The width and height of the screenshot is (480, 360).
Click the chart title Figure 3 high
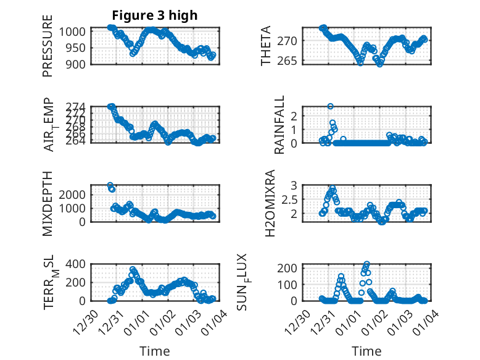[x=154, y=15]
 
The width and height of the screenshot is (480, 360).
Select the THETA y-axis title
[x=266, y=46]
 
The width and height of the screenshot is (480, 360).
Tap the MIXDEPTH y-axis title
[x=48, y=203]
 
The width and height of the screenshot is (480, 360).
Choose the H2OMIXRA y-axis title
[x=270, y=203]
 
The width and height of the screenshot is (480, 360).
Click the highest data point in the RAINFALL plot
[x=330, y=107]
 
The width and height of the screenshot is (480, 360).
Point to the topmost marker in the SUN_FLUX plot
[x=367, y=264]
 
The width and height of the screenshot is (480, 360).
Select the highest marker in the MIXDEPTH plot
[x=110, y=185]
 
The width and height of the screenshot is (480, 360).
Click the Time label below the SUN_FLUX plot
[x=366, y=351]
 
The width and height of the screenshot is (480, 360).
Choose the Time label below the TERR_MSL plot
[x=154, y=351]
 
